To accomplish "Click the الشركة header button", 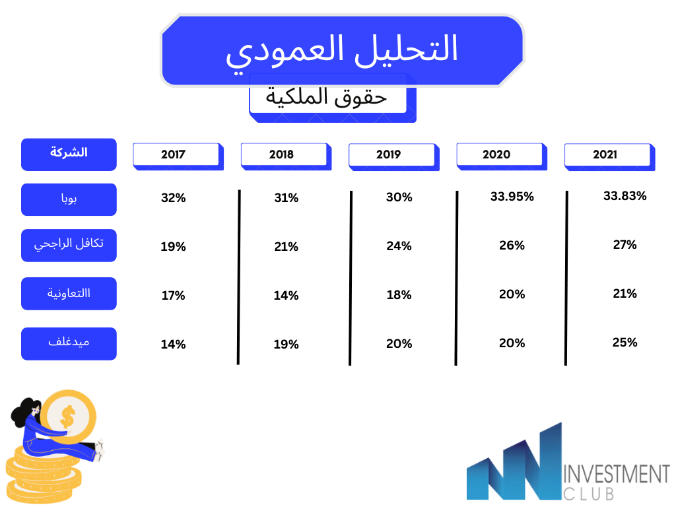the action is tap(69, 154).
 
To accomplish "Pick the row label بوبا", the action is tap(69, 199).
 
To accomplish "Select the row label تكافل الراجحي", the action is tap(69, 246).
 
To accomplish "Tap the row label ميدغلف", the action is tap(69, 343).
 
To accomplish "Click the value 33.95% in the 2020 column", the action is tap(512, 197).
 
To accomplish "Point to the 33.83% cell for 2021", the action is tap(625, 196).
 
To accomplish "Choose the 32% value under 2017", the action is tap(174, 198).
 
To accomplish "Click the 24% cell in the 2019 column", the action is tap(399, 246).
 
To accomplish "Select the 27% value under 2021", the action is tap(625, 245).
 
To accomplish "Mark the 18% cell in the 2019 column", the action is tap(399, 295).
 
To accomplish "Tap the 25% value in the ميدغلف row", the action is tap(625, 343).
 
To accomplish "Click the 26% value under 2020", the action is tap(512, 246).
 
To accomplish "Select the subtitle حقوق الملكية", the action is tap(326, 96).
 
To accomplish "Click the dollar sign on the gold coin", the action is tap(68, 417).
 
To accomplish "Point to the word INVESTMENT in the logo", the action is tap(617, 474).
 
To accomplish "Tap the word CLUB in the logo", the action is tap(589, 494).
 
